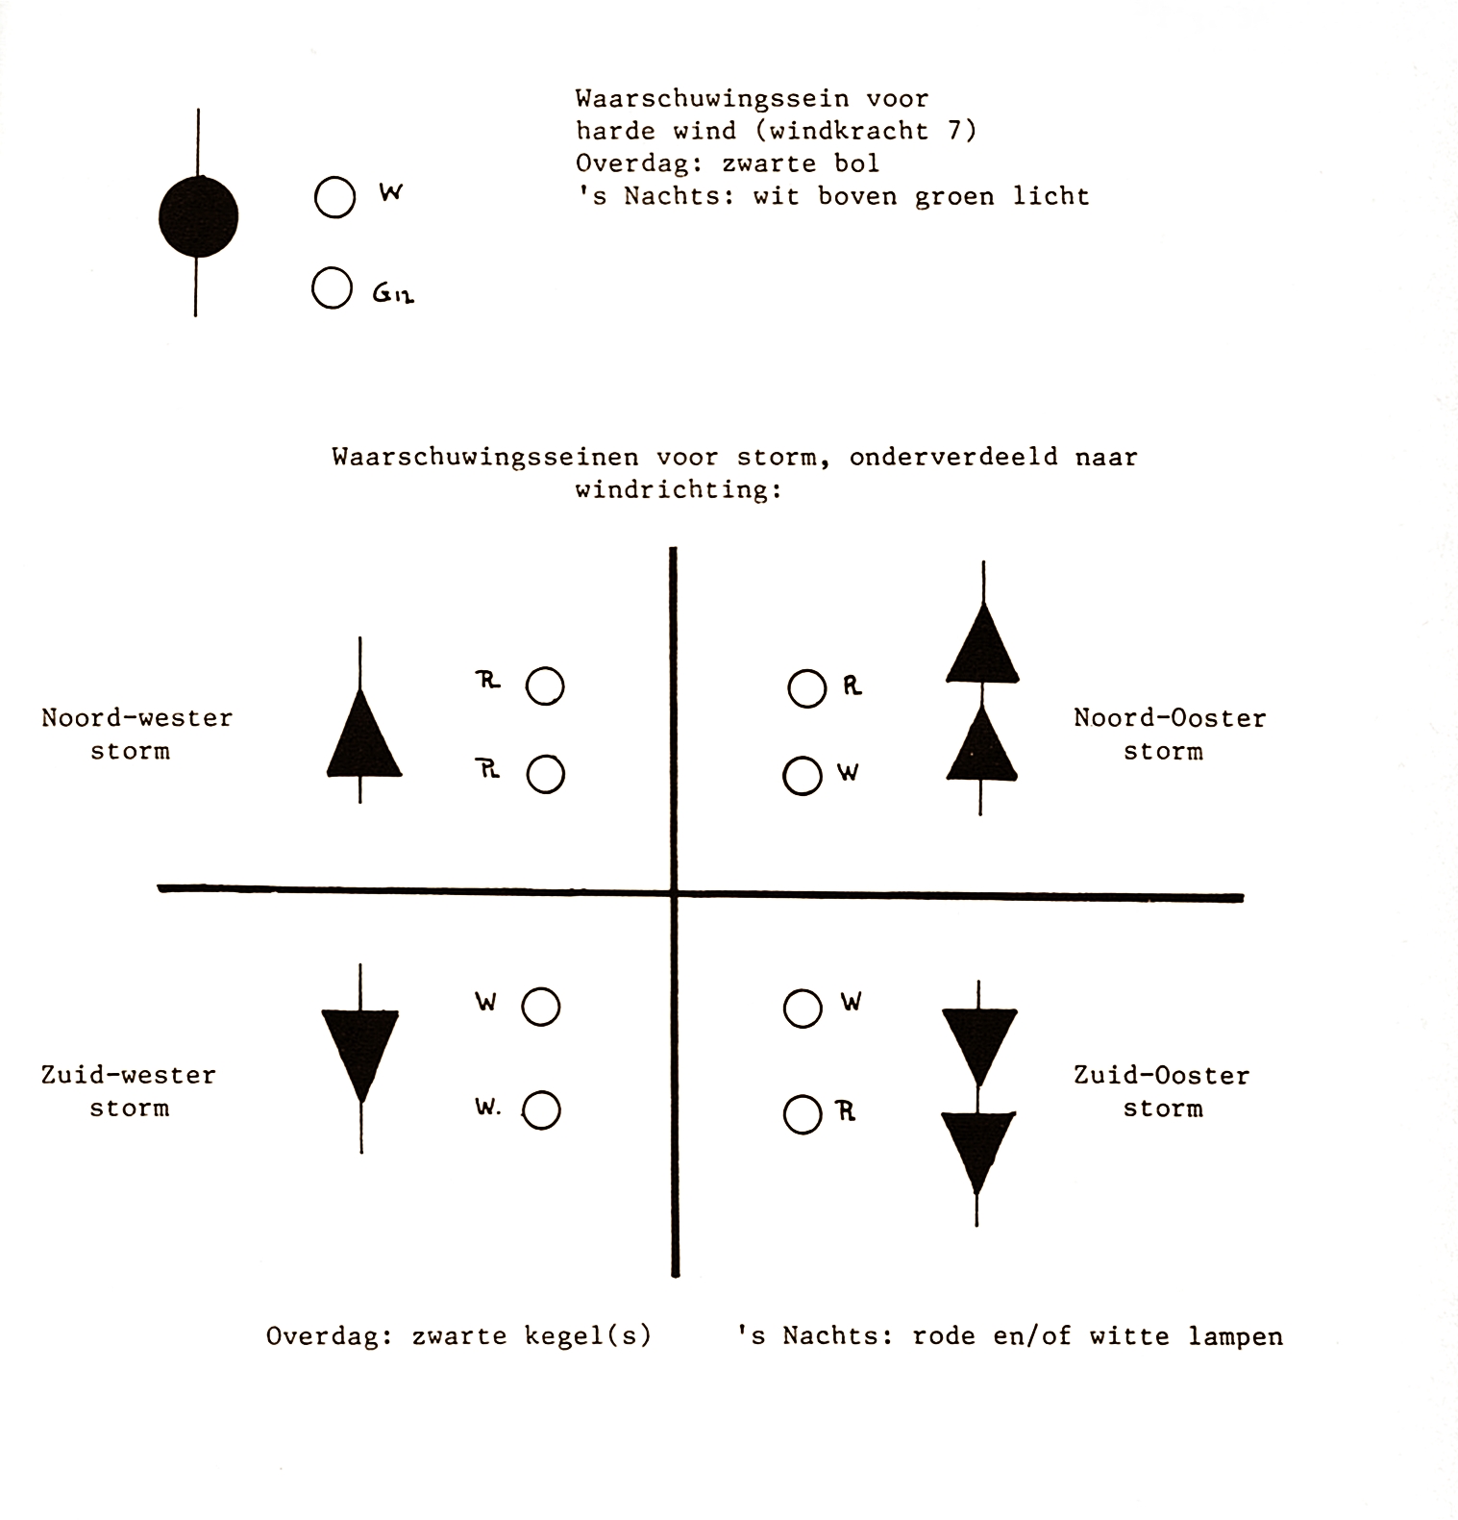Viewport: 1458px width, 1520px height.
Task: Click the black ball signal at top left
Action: tap(198, 216)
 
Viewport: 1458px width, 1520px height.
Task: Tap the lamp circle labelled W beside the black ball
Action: tap(334, 198)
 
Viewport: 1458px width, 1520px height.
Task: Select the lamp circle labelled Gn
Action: tap(332, 288)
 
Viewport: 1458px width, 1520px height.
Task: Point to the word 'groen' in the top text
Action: tap(953, 197)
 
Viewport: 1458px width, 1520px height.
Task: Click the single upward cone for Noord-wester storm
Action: tap(362, 735)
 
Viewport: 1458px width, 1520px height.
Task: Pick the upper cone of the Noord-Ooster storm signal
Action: tap(981, 645)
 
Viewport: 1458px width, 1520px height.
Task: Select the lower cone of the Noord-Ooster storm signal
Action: tap(981, 745)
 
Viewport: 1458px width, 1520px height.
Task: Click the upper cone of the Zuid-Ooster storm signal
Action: tap(978, 1043)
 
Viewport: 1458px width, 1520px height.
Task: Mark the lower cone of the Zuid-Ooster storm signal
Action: tap(977, 1149)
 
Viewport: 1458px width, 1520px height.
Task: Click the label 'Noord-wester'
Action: tap(136, 718)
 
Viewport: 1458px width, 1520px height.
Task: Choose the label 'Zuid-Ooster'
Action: tap(1161, 1075)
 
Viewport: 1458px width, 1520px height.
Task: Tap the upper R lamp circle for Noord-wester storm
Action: tap(545, 686)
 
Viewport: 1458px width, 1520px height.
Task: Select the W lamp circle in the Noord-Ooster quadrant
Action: tap(803, 775)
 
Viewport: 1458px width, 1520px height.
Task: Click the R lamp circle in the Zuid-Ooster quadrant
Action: tap(803, 1114)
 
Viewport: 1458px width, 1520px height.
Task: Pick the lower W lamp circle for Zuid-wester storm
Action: tap(542, 1110)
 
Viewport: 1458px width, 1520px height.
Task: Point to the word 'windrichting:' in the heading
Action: tap(679, 489)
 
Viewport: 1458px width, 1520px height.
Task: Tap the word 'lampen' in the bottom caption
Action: tap(1235, 1336)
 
